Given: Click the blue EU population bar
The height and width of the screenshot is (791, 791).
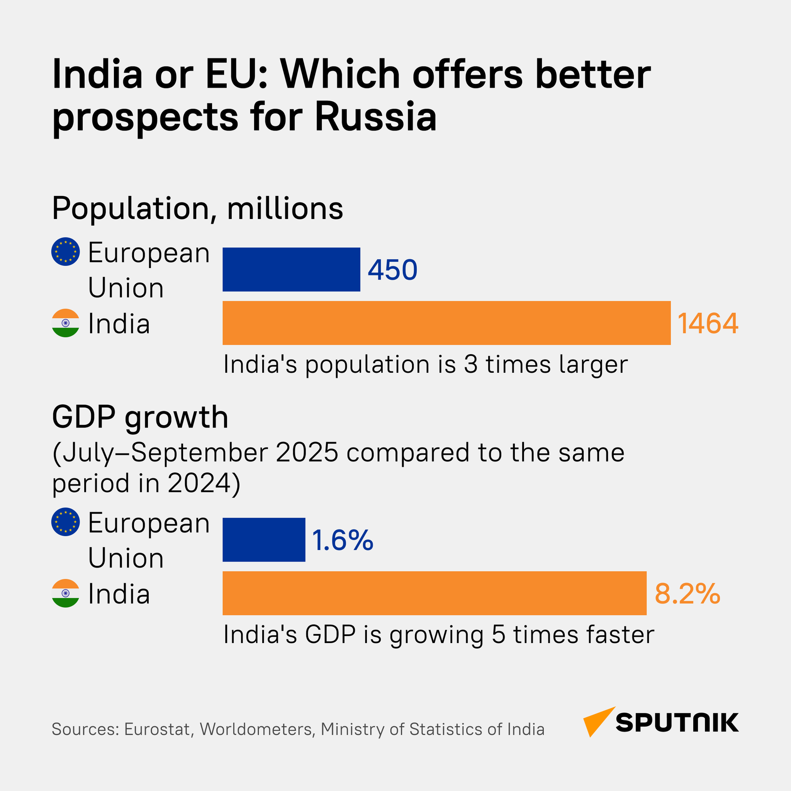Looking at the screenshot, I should [x=291, y=270].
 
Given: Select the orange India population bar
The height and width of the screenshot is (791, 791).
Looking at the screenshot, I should [x=446, y=323].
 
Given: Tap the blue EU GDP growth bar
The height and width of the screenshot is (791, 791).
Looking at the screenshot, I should [x=264, y=540].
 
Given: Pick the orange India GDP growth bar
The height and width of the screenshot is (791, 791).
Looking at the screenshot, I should [x=434, y=593].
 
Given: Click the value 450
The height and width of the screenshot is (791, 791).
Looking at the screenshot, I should [x=392, y=270].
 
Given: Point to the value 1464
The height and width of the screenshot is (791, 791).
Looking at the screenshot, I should [x=708, y=323].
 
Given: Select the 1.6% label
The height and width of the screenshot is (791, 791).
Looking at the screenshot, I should [x=342, y=540].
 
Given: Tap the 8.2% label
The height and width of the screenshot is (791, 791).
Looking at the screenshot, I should [x=687, y=594].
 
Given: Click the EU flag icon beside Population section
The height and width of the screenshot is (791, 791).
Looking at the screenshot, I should [x=66, y=251].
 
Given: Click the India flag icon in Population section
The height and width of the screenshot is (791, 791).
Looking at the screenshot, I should [x=66, y=323].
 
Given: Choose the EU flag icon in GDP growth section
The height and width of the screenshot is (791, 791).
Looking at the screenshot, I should [x=66, y=521].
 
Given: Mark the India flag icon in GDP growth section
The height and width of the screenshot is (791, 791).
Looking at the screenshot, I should [x=66, y=593].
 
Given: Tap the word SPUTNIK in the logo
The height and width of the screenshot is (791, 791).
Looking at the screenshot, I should [x=677, y=723].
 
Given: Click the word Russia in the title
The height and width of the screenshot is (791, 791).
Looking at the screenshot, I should [x=375, y=117].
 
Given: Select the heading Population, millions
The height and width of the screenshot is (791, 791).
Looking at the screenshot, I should [x=197, y=209].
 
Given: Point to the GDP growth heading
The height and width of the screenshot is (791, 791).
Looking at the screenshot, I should [x=140, y=417].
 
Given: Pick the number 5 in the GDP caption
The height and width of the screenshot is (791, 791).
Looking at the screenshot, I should [x=498, y=635].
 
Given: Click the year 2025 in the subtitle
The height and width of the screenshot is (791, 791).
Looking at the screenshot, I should [x=307, y=453].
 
